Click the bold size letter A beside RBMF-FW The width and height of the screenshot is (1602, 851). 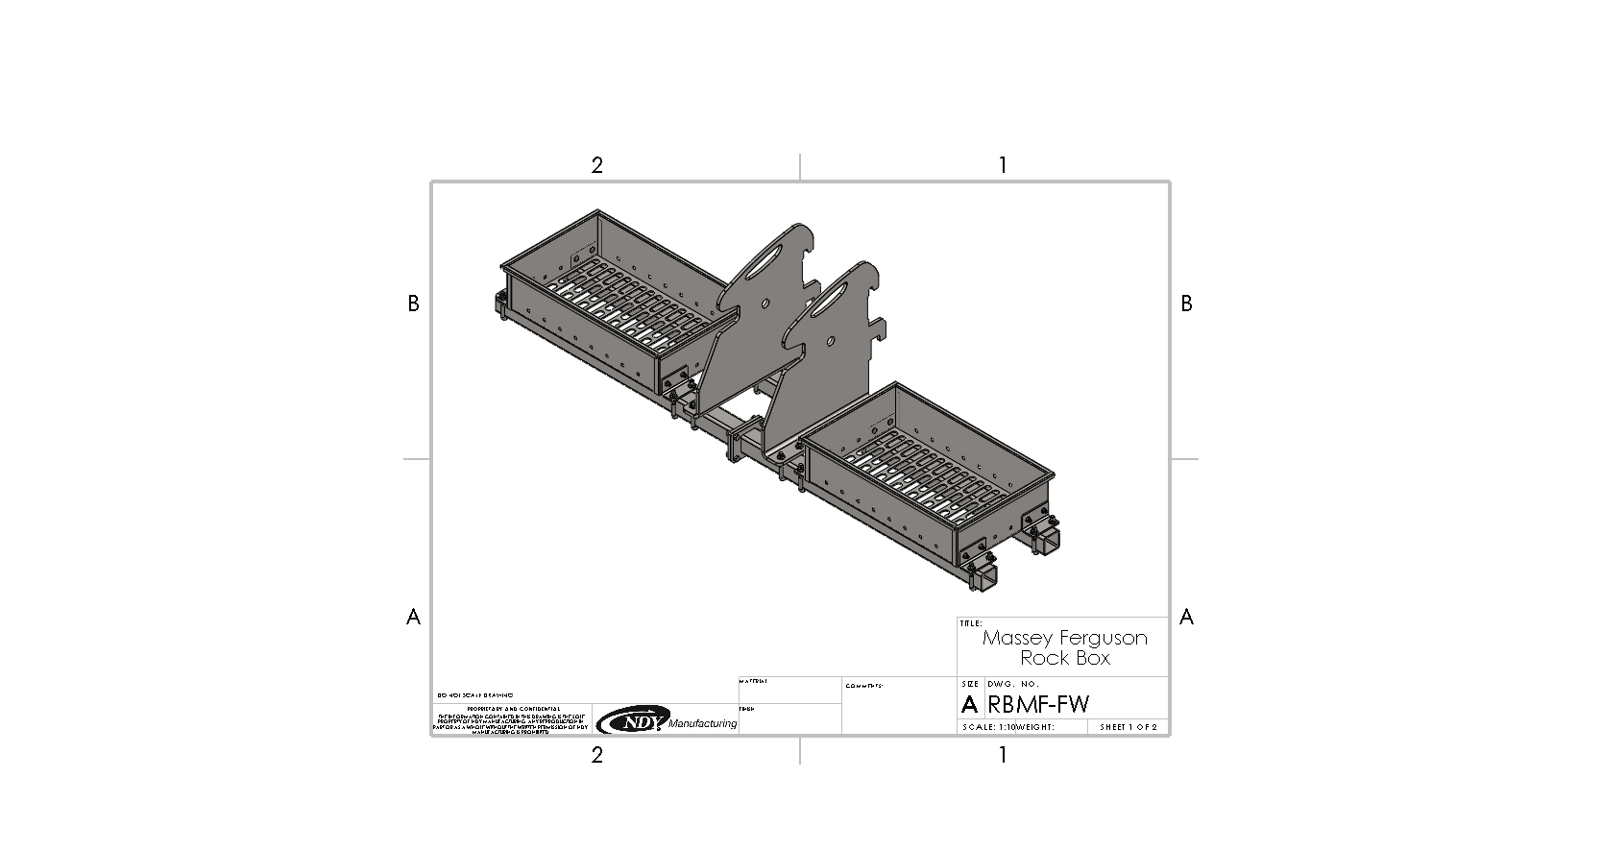969,704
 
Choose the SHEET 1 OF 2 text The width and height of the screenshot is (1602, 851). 1129,727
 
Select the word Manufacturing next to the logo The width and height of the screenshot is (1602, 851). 702,723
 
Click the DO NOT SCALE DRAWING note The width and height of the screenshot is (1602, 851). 474,694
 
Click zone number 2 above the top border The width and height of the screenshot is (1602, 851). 596,165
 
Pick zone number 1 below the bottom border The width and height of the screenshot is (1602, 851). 1003,755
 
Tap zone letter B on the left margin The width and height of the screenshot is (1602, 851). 413,304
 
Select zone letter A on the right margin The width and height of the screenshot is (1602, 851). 1186,617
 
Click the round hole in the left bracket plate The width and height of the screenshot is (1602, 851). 765,304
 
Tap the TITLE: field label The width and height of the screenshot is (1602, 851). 971,623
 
